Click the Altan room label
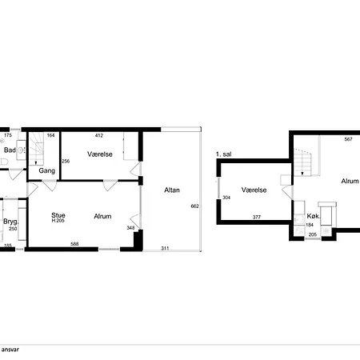pos(172,190)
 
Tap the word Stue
pos(58,215)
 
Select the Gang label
pos(47,170)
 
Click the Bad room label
pos(10,150)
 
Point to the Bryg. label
pos(11,222)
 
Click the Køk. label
pos(314,216)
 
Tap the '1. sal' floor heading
pos(223,154)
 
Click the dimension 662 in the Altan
pos(195,206)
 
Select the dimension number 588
pos(74,244)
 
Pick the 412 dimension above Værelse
pos(99,135)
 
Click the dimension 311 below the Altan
pos(165,248)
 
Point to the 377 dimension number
pos(257,217)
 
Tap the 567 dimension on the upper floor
pos(348,139)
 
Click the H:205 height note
pos(58,221)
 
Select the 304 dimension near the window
pos(226,198)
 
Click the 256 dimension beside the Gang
pos(66,161)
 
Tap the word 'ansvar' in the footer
pos(10,350)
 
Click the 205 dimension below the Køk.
pos(313,234)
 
